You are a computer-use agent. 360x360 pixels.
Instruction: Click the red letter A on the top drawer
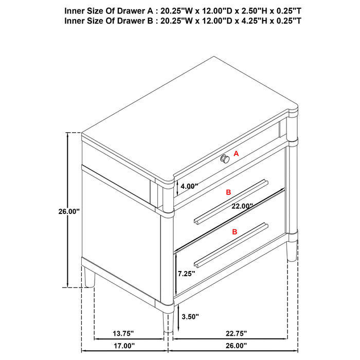coord(237,153)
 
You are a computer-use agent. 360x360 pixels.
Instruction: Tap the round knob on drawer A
coord(225,159)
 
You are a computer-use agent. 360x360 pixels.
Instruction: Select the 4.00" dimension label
coord(189,186)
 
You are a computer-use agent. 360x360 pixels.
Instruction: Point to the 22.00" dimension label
coord(242,206)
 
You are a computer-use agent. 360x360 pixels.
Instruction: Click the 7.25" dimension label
coord(187,274)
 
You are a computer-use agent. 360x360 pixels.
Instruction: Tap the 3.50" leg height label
coord(189,316)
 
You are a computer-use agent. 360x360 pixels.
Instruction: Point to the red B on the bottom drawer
coord(235,232)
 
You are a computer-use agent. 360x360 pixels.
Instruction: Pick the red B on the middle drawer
coord(229,192)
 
